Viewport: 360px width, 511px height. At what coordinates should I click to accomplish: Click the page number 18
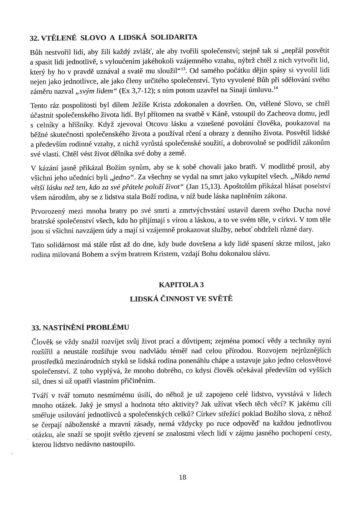click(x=182, y=477)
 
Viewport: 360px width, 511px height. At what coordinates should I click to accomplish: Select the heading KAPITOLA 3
click(x=181, y=285)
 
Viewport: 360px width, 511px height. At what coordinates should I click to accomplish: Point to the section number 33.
click(x=36, y=327)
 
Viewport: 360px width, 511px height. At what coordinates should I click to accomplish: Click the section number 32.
click(x=35, y=38)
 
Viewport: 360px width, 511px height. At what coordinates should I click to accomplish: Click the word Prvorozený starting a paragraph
click(x=47, y=211)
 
